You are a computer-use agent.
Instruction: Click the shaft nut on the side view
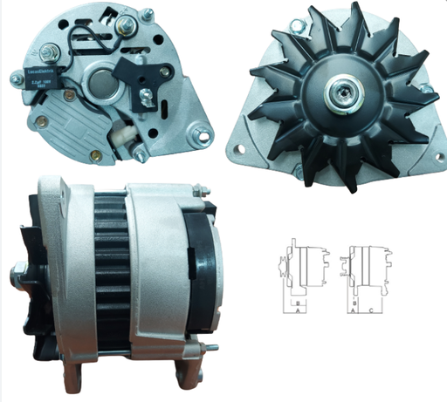(x=17, y=279)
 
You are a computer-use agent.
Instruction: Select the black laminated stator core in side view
(x=109, y=270)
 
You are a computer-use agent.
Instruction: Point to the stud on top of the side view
(x=199, y=188)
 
